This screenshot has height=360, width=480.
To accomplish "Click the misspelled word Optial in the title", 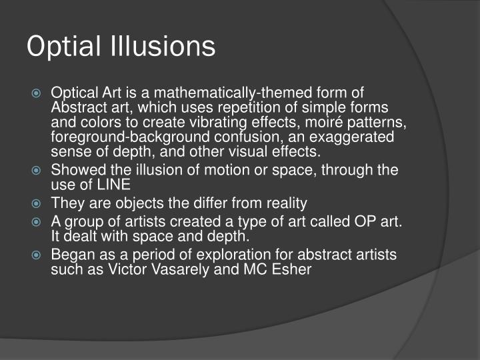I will click(x=62, y=47).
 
